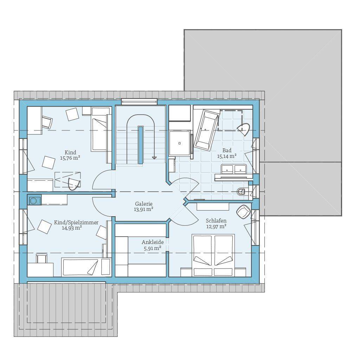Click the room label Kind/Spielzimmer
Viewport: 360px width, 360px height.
pos(76,223)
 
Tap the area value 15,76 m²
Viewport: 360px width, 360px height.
pos(70,158)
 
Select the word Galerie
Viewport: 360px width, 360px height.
pos(144,204)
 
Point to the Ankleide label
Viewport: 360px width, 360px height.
pos(153,242)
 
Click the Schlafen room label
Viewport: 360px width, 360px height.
pos(216,221)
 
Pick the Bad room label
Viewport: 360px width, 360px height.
pos(227,150)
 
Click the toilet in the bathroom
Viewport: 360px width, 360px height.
pos(242,191)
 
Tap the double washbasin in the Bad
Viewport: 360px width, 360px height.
pos(234,169)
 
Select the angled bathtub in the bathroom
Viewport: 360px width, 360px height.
pos(205,130)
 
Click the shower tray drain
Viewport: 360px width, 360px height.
pos(180,143)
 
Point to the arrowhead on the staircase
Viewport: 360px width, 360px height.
pos(154,158)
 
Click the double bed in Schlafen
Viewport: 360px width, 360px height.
pos(213,255)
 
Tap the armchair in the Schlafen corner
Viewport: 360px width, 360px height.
pos(243,212)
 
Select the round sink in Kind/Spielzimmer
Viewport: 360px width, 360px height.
pos(33,201)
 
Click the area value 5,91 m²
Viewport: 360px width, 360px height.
pos(153,248)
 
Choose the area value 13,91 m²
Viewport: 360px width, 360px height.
pos(143,210)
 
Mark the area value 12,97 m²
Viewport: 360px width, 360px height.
pos(216,227)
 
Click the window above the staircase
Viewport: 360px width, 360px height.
pos(139,102)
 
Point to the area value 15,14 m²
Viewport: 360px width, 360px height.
pos(227,156)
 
